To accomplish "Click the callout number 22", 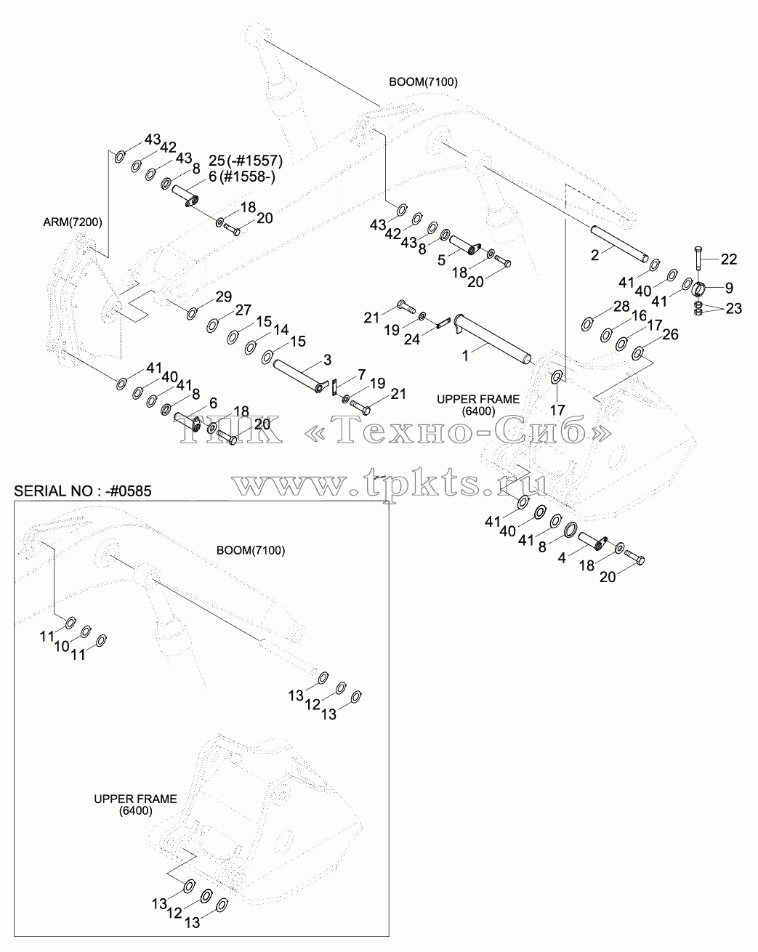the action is (729, 259).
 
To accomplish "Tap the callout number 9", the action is (729, 288).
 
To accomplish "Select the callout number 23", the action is (734, 308).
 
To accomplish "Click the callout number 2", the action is (594, 255).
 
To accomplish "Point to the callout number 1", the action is (465, 355).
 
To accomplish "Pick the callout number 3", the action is (327, 360).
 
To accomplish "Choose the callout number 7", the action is (361, 375).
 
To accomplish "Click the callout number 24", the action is (411, 339).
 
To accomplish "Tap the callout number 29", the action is (223, 297).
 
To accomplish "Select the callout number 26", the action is (670, 334).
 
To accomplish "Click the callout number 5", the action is (441, 260).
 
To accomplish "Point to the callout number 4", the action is (562, 558).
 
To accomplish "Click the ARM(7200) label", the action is (73, 222).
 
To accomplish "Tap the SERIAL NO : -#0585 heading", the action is (83, 491).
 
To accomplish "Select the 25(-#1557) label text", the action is (246, 161).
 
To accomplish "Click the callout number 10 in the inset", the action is (62, 646).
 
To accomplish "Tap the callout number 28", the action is (621, 306).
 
